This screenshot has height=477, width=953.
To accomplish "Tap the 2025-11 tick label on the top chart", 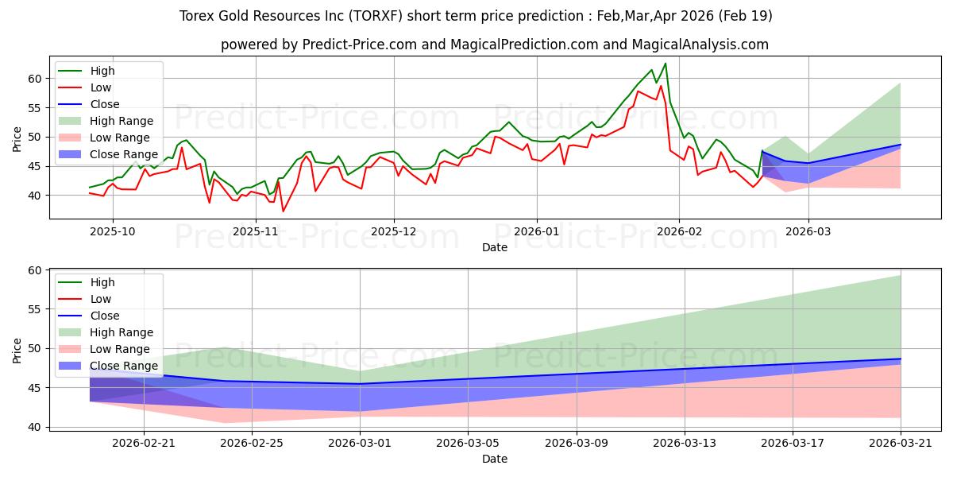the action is (x=256, y=231).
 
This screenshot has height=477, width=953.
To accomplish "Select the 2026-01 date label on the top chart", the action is (x=537, y=231).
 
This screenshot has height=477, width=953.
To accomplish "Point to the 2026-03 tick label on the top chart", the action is (x=808, y=231).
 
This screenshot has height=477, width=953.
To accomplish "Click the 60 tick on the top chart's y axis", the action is (x=35, y=79).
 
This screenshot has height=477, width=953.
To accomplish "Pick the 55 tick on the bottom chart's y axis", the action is (x=35, y=309).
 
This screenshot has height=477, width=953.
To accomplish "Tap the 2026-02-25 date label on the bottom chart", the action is (x=252, y=444).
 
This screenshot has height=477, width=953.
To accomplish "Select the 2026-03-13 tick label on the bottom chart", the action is (x=684, y=444).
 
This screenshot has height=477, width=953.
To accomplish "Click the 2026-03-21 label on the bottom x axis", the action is (x=901, y=444).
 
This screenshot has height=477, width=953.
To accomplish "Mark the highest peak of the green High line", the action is (x=666, y=64).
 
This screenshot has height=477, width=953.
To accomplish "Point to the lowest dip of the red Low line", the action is (x=283, y=211).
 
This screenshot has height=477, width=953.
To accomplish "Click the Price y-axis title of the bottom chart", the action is (x=17, y=351).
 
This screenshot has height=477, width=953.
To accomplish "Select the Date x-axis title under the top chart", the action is (x=494, y=247).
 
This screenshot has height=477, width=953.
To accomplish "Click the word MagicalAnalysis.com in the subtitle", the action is (x=700, y=45).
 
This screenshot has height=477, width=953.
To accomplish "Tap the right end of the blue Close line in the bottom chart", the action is (x=901, y=359).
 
